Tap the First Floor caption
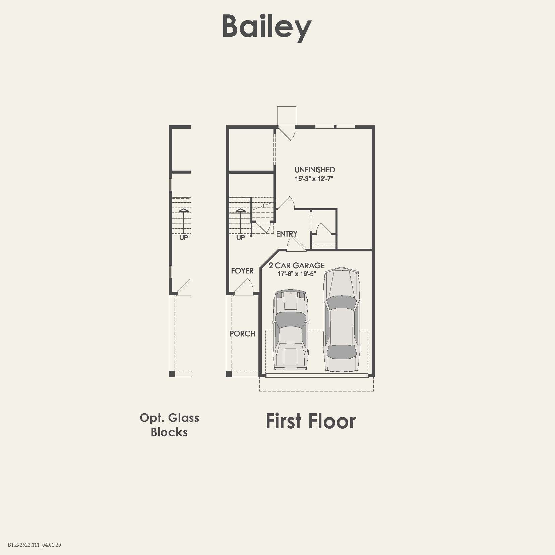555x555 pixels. pos(310,421)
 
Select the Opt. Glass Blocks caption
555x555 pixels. pos(169,425)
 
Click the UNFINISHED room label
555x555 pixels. pos(315,170)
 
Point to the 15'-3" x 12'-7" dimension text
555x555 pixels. pos(314,179)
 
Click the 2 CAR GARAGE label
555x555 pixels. pos(297,265)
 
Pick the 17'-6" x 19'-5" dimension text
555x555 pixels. pos(297,274)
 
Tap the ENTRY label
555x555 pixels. pos(287,234)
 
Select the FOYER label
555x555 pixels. pos(242,271)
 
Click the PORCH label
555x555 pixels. pos(242,334)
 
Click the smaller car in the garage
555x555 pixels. pos(290,330)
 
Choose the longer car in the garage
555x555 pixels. pos(342,320)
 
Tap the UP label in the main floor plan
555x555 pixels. pos(240,238)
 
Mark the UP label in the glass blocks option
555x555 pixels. pos(184,238)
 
